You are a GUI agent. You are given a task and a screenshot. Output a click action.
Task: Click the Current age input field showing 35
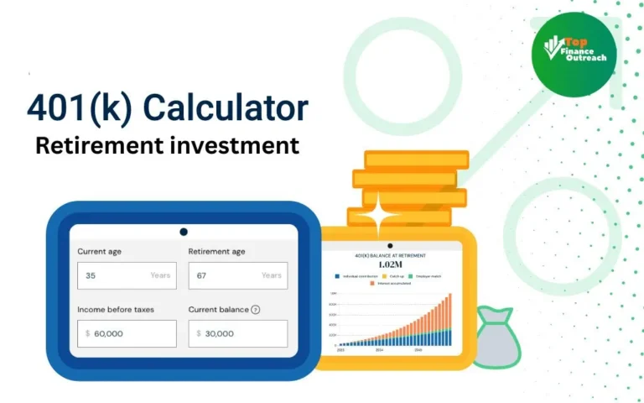pos(127,275)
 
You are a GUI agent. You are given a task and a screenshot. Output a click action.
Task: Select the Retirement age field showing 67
pos(237,275)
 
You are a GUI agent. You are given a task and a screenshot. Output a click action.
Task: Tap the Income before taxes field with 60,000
pos(127,333)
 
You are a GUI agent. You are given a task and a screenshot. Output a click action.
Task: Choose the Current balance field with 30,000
pos(237,333)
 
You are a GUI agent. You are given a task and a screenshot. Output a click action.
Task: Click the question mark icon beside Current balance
pos(256,310)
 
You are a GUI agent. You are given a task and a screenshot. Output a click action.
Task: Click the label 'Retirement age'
pos(216,252)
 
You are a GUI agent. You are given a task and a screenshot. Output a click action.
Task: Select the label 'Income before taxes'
pos(116,310)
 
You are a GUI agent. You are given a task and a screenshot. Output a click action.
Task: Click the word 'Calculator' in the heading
pos(226,108)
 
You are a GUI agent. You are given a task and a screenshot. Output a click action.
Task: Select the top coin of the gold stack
pos(416,160)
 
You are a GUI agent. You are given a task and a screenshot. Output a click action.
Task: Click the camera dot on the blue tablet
pos(184,232)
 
